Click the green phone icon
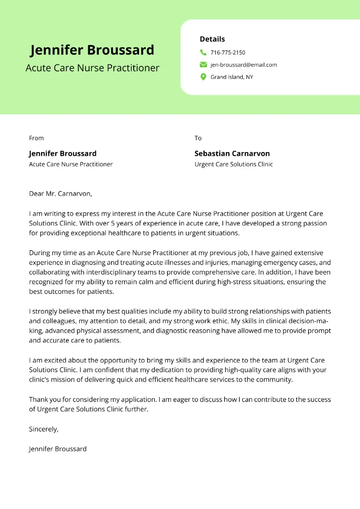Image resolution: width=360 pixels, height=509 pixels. pyautogui.click(x=203, y=53)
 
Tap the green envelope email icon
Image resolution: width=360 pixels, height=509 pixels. pyautogui.click(x=203, y=65)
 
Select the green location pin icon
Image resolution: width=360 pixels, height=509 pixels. pyautogui.click(x=203, y=77)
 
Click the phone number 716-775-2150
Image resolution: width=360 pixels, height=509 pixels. pyautogui.click(x=228, y=53)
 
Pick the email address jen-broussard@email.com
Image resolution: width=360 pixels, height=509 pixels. pyautogui.click(x=243, y=65)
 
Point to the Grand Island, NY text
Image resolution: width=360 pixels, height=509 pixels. pyautogui.click(x=232, y=77)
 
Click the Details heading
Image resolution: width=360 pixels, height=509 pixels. pyautogui.click(x=212, y=39)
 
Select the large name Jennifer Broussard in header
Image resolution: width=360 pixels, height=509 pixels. pyautogui.click(x=92, y=50)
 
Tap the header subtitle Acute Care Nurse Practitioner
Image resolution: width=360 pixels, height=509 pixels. pyautogui.click(x=92, y=68)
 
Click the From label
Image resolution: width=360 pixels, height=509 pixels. pyautogui.click(x=36, y=138)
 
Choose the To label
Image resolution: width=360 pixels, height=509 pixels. pyautogui.click(x=198, y=138)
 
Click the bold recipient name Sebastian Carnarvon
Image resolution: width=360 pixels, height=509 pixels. pyautogui.click(x=232, y=153)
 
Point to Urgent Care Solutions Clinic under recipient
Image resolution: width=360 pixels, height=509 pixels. pyautogui.click(x=234, y=164)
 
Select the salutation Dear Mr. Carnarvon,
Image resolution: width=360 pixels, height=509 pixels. pyautogui.click(x=60, y=194)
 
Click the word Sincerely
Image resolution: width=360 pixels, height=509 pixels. pyautogui.click(x=43, y=429)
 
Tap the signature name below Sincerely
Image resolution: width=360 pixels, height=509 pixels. pyautogui.click(x=58, y=449)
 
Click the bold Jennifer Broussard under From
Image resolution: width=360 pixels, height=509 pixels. pyautogui.click(x=63, y=153)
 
